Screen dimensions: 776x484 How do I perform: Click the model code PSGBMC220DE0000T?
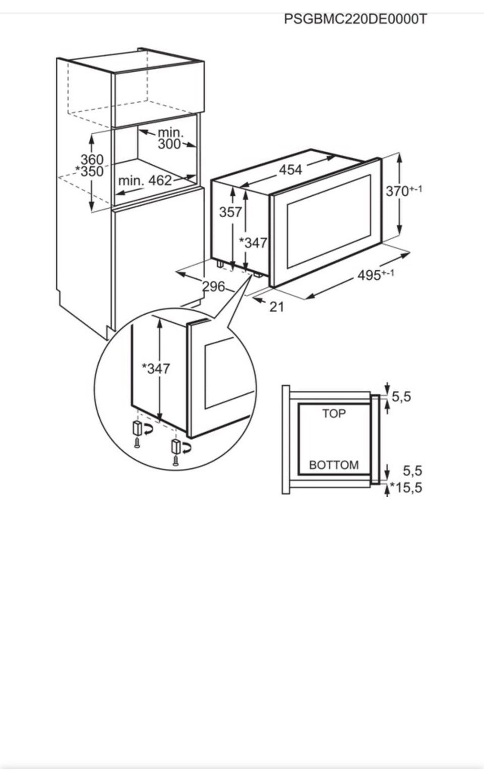[355, 19]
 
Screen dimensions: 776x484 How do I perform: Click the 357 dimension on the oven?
[230, 212]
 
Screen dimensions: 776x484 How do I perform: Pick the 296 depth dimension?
[214, 286]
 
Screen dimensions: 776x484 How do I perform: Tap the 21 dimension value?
[277, 306]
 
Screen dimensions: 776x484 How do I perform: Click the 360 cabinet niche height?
[92, 160]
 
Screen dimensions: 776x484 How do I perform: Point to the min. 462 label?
[145, 181]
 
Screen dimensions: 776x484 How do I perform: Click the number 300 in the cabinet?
[169, 144]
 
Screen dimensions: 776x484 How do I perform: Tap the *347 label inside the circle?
[156, 369]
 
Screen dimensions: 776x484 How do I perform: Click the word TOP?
[334, 413]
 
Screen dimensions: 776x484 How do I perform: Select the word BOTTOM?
[334, 464]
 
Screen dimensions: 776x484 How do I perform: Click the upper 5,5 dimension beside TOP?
[401, 397]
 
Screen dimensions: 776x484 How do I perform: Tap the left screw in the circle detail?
[137, 443]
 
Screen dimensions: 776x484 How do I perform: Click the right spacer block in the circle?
[175, 446]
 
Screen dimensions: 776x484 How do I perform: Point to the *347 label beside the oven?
[253, 243]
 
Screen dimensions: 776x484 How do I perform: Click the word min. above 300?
[170, 133]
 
